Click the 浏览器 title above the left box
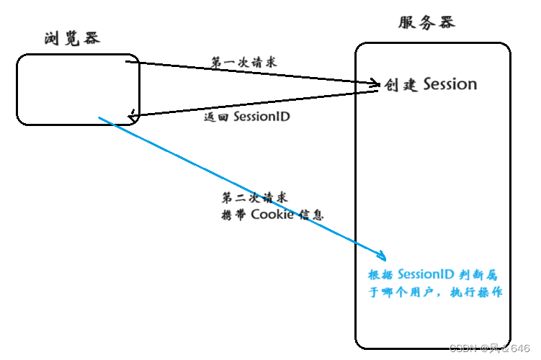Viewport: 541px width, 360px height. pyautogui.click(x=71, y=38)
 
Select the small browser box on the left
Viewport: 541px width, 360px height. pyautogui.click(x=78, y=89)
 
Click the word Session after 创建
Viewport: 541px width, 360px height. pyautogui.click(x=450, y=84)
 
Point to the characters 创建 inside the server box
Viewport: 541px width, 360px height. pyautogui.click(x=401, y=85)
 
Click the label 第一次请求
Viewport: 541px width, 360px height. pyautogui.click(x=243, y=62)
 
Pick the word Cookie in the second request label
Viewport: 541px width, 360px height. pyautogui.click(x=272, y=215)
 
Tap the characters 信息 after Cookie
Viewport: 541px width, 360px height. pyautogui.click(x=310, y=215)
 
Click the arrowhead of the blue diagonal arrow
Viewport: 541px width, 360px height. pyautogui.click(x=382, y=256)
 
